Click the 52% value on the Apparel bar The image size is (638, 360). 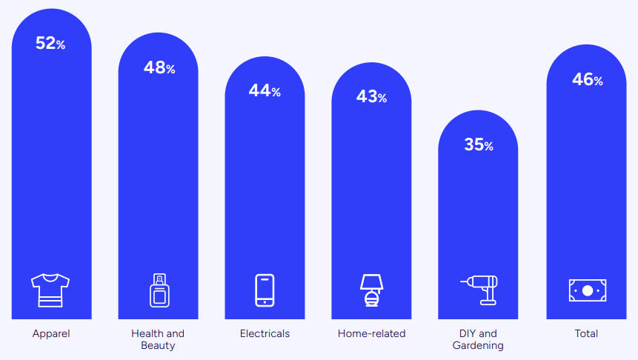(x=50, y=44)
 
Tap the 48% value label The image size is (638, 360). (x=159, y=68)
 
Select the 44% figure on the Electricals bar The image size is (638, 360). (x=265, y=91)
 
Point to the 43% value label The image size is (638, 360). (x=371, y=96)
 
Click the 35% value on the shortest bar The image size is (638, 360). (x=479, y=145)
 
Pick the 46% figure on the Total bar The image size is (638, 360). (x=587, y=80)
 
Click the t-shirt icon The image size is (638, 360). (x=50, y=290)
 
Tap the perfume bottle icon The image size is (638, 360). (x=158, y=290)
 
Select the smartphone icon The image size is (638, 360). (x=265, y=290)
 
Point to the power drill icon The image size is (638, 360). (x=479, y=290)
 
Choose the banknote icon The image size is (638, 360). (x=587, y=290)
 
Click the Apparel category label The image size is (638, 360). (x=51, y=333)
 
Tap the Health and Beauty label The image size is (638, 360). (x=158, y=339)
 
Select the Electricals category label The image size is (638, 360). (x=265, y=333)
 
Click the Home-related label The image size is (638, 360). (x=371, y=333)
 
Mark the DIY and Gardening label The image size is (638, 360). (x=478, y=339)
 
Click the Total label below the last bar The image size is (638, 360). (x=586, y=333)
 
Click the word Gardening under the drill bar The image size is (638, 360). (x=478, y=345)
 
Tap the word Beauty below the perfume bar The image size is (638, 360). (x=158, y=345)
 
